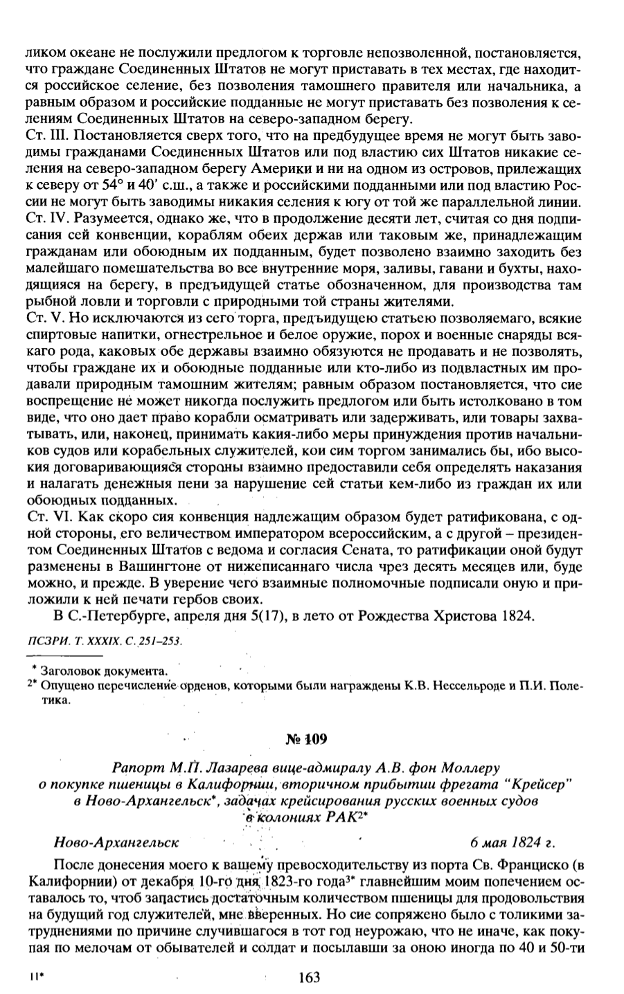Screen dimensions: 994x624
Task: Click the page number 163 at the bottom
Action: (x=308, y=977)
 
